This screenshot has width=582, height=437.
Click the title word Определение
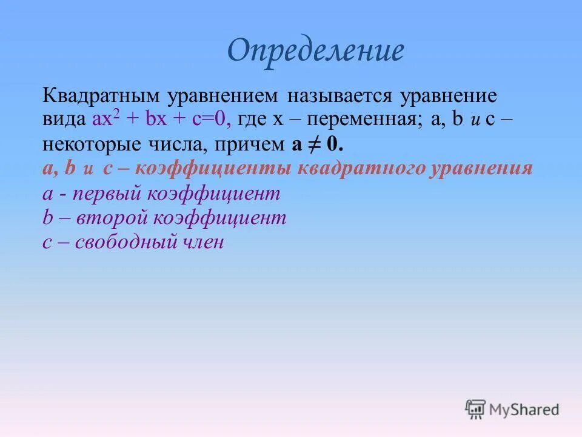pos(315,51)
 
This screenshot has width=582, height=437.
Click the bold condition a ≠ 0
pos(318,144)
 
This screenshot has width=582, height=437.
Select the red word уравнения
pos(481,168)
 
